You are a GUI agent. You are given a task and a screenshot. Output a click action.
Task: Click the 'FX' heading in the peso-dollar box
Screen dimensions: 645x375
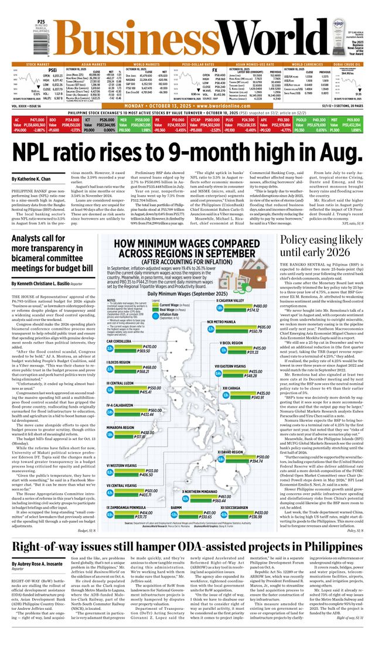(206, 69)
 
